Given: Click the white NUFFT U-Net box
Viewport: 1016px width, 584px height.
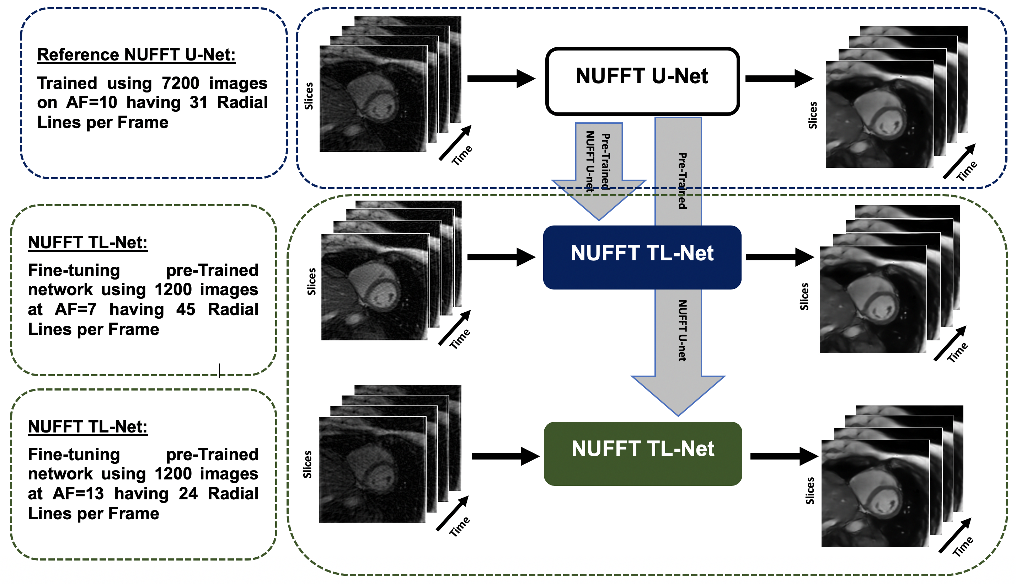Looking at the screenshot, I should coord(642,81).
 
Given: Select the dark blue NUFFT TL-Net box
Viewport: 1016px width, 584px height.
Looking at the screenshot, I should coord(642,257).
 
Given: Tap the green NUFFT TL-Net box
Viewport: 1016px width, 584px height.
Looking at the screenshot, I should coord(642,453).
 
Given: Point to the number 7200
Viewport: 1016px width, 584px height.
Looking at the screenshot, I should coord(180,83).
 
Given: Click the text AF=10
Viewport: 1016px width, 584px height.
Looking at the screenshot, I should coord(91,103).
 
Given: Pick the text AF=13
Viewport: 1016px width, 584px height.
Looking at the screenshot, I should coord(78,494).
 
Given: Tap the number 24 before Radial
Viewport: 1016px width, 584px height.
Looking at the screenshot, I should coord(188,494).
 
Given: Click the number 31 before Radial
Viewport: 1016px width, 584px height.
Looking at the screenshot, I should coord(199,103).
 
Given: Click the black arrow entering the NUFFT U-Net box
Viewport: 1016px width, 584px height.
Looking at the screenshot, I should coord(501,78).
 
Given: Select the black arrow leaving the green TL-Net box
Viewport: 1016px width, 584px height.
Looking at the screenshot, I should coord(784,456).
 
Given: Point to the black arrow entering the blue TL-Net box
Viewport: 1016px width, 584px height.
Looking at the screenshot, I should coord(501,257).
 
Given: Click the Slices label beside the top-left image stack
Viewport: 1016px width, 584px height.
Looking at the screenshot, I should coord(309,96).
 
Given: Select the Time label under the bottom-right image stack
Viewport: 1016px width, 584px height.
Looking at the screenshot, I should coord(963,546).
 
